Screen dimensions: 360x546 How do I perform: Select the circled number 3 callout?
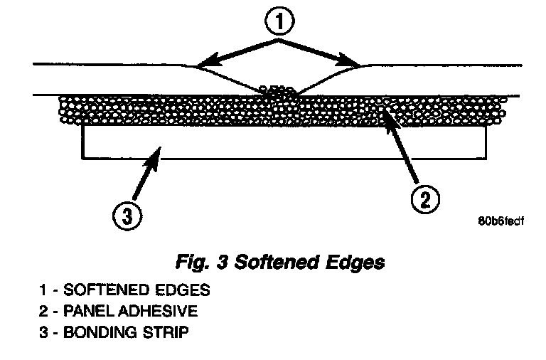coord(127,216)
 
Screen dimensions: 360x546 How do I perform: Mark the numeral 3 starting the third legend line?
coord(43,332)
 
